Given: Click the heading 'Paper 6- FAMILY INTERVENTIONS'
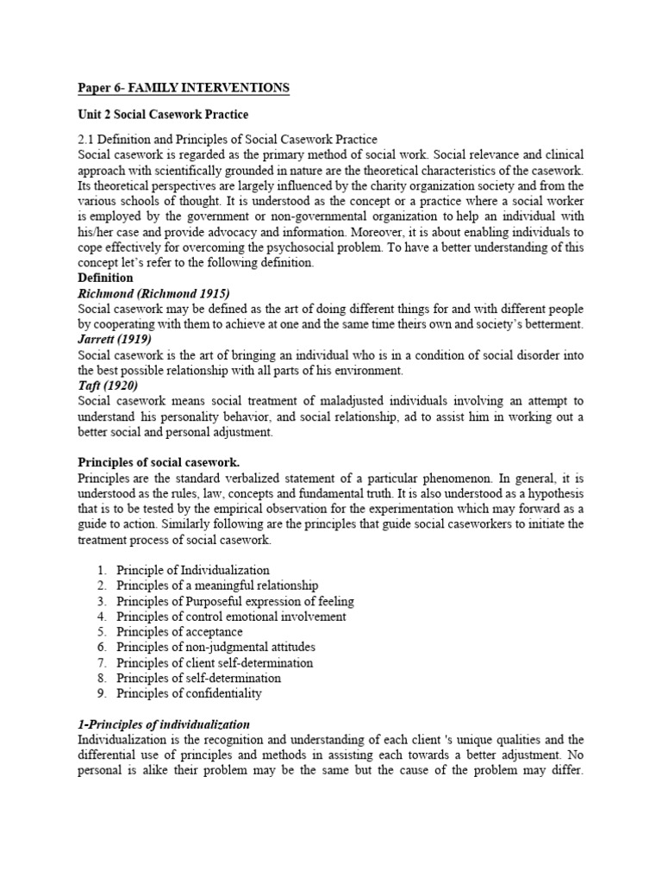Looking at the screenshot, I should [184, 88].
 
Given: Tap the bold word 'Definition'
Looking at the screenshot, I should [105, 278].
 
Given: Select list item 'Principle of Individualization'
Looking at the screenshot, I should [193, 570].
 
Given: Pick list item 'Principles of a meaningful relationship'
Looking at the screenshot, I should [217, 586].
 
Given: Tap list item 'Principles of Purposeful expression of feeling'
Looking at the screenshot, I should [235, 601].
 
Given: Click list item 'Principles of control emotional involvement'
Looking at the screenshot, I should [231, 617].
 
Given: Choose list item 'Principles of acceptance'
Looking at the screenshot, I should [179, 632].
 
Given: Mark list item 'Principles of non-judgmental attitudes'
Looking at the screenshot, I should [215, 647].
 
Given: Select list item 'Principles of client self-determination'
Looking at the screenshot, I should [215, 662].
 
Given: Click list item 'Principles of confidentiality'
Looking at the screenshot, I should [189, 693].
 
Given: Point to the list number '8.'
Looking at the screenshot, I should [102, 678].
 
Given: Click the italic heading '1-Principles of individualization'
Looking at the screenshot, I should [164, 724].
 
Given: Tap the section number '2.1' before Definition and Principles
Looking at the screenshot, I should [87, 139].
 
